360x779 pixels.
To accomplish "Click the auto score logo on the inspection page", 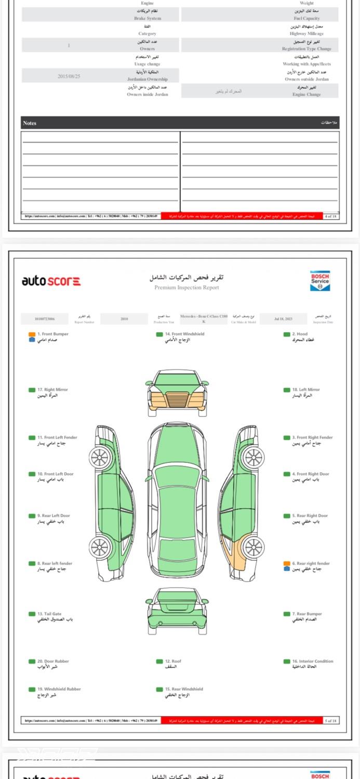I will point(51,281).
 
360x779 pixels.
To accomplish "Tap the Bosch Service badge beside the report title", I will point(319,280).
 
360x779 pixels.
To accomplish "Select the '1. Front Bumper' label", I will point(52,334).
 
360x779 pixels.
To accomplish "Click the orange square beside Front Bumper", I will point(32,334).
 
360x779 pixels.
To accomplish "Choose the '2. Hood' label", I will point(300,334).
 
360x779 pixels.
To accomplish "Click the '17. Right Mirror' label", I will point(52,389).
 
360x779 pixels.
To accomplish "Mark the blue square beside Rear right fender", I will point(287,569).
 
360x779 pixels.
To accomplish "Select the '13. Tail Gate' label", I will point(49,614).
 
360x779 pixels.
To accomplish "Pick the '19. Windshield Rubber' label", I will point(59,689).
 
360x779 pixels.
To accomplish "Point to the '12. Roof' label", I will point(173,661).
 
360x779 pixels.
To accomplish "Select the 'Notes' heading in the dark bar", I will point(30,123).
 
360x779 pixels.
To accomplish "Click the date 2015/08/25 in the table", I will point(69,76).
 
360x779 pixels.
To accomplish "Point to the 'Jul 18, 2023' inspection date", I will point(284,318).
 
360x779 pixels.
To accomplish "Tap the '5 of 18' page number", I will point(331,720).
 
